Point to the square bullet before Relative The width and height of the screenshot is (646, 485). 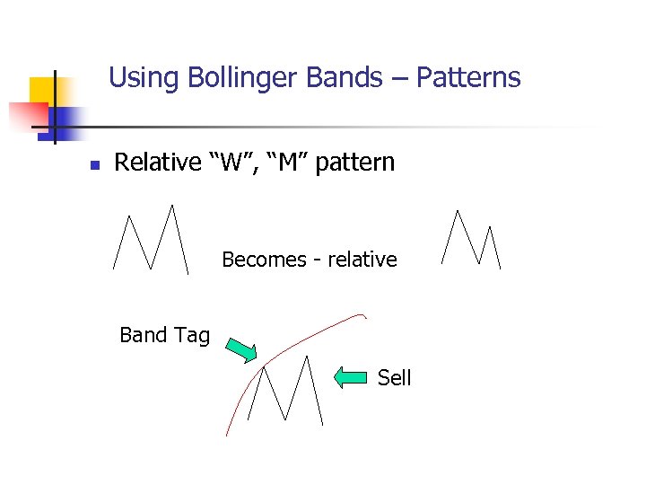93,165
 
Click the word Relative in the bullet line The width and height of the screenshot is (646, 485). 158,163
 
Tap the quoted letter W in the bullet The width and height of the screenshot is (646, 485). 229,163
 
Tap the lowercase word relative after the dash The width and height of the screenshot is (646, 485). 362,260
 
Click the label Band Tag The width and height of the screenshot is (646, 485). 164,335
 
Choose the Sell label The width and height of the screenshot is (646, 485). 394,378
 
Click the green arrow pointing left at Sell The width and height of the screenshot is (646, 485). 352,377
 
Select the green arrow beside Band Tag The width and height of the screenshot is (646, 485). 240,349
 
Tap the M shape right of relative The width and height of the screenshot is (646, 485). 472,240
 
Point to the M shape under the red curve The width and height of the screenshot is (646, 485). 285,390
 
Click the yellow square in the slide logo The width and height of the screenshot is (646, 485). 41,90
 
